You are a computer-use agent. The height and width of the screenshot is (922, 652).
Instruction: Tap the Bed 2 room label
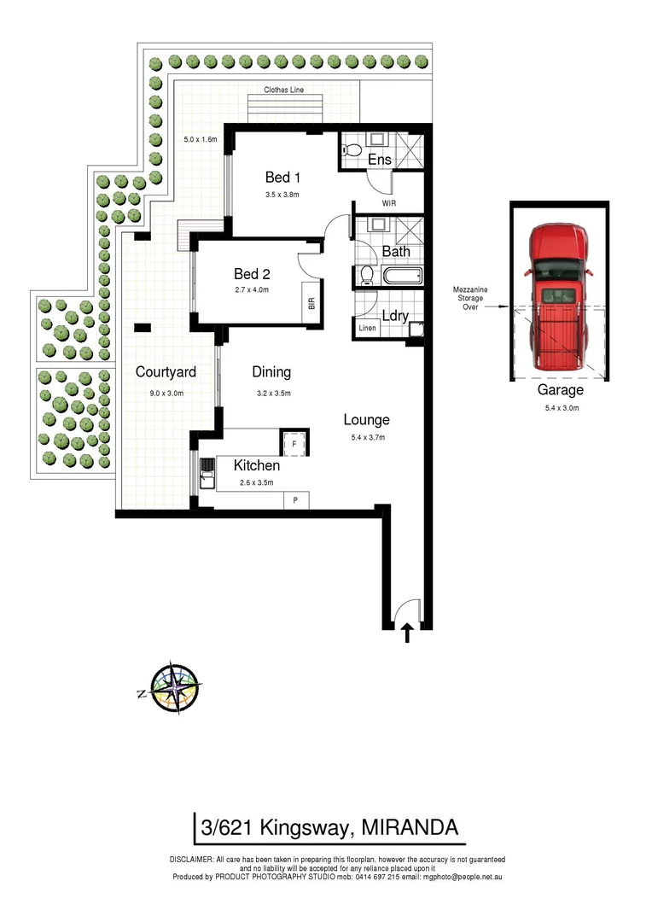point(252,274)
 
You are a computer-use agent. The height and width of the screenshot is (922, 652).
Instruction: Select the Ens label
point(379,160)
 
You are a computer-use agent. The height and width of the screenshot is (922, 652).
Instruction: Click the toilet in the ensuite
point(349,151)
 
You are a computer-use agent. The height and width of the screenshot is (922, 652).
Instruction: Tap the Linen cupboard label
point(367,328)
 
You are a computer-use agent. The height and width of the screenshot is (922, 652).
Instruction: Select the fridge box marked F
point(294,443)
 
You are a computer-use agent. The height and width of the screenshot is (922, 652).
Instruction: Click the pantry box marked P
point(295,500)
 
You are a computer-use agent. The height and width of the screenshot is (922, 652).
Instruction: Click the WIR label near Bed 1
point(388,204)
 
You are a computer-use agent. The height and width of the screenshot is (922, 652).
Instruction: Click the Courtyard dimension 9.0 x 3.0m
point(166,393)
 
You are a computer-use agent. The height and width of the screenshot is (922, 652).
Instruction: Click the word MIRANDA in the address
point(410,826)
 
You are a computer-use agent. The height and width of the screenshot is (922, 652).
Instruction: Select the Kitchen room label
point(257,465)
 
